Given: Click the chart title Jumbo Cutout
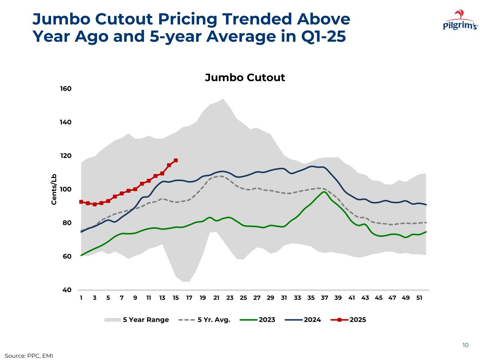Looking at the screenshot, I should coord(245,77).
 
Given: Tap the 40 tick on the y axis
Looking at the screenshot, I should coord(66,290).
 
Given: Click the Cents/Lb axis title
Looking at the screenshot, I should coord(54,189).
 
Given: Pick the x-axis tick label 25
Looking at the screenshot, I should coord(243,298).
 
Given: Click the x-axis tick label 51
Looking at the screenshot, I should coord(419,298).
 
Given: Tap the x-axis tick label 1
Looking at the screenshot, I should coord(81,298).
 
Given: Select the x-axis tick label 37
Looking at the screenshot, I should coord(324,298).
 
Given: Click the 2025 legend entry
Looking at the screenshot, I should coord(357,320).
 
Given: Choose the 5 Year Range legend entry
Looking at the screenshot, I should coord(146,320).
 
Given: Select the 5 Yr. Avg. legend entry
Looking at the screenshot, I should coord(214,320).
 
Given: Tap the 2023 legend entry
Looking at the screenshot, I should coord(267,320).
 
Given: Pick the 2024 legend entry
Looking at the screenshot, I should coord(312,320).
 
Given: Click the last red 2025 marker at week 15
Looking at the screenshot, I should coord(176,160).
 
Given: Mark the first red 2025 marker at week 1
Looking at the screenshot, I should coord(81,202).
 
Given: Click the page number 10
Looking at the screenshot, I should coord(465,345).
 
